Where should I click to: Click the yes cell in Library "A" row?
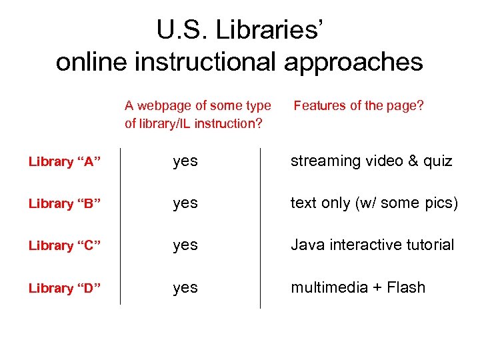[185, 161]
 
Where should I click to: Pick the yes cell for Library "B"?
[185, 203]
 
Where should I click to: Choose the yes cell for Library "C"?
[185, 245]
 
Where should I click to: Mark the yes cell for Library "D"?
[185, 288]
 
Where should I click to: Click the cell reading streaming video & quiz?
[371, 161]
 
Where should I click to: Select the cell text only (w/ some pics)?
[374, 203]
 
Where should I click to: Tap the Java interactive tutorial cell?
[372, 245]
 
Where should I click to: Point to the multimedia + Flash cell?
[357, 288]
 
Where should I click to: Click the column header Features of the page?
[359, 105]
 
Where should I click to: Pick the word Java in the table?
[305, 245]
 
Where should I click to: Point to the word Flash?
[405, 288]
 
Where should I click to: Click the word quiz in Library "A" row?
[437, 162]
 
